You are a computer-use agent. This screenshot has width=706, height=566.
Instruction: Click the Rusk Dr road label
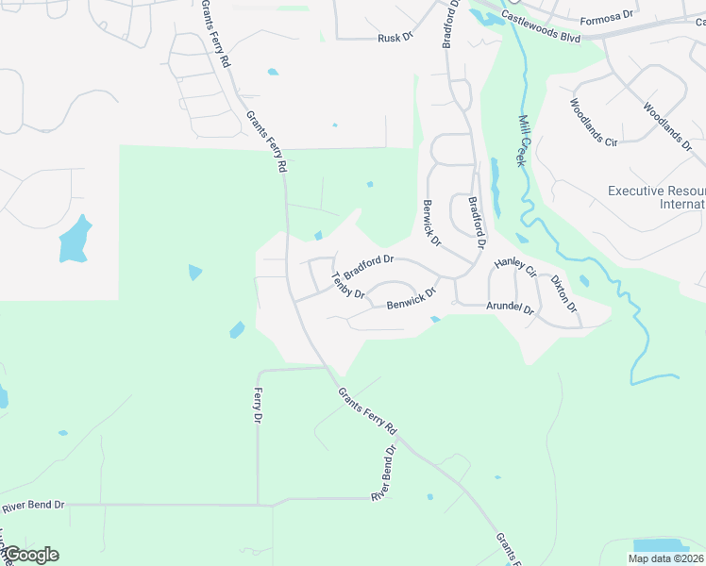click(395, 38)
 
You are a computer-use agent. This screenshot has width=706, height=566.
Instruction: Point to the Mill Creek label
click(521, 141)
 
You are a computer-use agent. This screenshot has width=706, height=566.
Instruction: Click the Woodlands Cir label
click(593, 123)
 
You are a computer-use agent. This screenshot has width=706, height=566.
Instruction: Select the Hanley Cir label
click(515, 267)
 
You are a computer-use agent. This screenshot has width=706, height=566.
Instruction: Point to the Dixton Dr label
click(563, 293)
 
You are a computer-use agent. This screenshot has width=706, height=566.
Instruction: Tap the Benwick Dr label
click(412, 299)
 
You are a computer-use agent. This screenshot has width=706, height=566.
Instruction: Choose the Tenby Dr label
click(347, 285)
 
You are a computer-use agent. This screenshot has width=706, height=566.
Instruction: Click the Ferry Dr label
click(258, 406)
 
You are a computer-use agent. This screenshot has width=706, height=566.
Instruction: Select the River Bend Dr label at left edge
click(33, 507)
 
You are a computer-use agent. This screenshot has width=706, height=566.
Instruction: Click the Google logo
click(31, 555)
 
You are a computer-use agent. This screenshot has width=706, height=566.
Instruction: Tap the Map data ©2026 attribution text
click(665, 558)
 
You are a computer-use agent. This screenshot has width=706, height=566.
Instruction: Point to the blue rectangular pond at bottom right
click(661, 546)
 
